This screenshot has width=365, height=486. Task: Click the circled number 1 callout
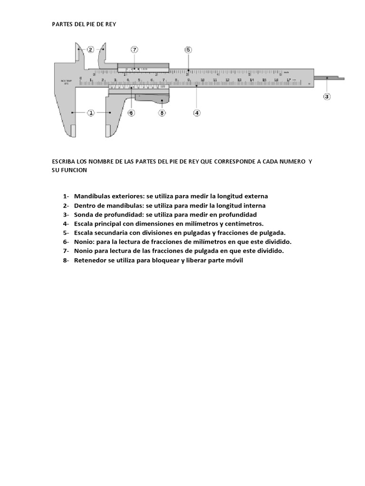point(91,112)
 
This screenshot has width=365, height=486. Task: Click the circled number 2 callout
point(91,49)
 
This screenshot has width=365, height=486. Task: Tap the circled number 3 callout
point(327,96)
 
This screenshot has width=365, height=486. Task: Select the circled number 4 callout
point(197,112)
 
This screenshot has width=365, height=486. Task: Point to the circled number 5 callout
point(188,49)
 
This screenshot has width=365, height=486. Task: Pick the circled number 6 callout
point(132,112)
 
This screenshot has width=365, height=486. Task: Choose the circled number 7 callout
point(134,49)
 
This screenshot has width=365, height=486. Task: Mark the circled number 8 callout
point(162,112)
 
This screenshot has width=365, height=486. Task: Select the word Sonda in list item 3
point(83,215)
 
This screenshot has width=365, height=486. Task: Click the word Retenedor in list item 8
point(90,261)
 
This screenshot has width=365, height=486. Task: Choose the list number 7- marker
point(66,251)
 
